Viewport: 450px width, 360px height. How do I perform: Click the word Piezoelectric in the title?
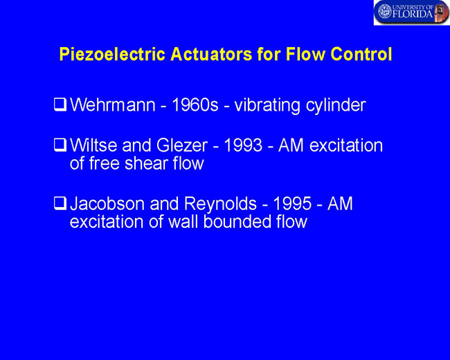click(x=112, y=54)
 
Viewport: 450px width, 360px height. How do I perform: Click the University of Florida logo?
click(x=411, y=12)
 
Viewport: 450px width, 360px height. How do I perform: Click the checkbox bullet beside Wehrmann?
click(x=60, y=105)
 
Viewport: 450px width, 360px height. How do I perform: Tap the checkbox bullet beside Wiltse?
click(x=60, y=145)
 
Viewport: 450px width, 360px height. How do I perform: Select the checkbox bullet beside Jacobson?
click(x=60, y=204)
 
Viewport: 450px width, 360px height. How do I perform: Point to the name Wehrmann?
click(x=113, y=105)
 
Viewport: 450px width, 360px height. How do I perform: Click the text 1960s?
click(x=195, y=105)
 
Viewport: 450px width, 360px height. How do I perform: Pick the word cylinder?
click(x=336, y=106)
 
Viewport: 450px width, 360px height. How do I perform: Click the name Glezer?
click(x=181, y=145)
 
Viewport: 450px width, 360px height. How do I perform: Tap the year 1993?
click(x=243, y=145)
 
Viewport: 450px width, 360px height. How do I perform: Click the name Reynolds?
click(x=220, y=204)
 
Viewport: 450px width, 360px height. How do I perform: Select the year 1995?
click(x=292, y=204)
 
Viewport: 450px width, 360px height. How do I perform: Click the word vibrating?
click(x=267, y=106)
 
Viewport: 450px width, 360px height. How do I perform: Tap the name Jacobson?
click(x=107, y=204)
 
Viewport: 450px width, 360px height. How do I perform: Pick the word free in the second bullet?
click(x=104, y=163)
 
